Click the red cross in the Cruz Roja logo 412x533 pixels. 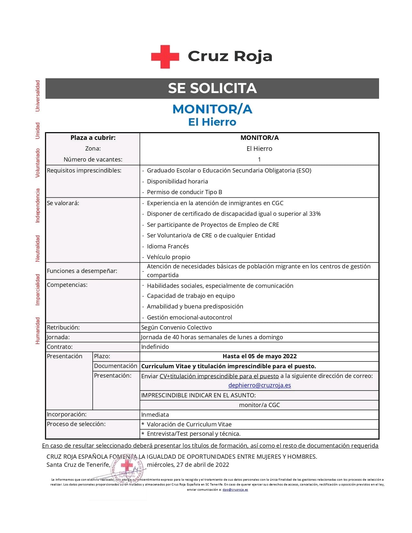[165, 57]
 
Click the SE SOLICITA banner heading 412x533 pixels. [212, 88]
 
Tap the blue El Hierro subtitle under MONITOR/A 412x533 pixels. [212, 122]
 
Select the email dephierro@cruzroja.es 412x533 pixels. [259, 385]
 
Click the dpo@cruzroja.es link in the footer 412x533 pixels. [235, 489]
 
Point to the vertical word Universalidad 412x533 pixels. [38, 96]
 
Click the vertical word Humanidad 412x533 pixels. [38, 330]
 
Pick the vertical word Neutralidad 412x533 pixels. [38, 248]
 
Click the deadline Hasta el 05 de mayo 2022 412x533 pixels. [259, 356]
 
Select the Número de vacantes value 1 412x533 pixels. [259, 159]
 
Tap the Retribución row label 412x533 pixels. [63, 327]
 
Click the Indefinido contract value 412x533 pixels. [155, 347]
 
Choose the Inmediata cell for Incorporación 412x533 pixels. [155, 414]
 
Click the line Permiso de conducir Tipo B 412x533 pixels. [185, 192]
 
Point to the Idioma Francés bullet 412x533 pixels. [168, 246]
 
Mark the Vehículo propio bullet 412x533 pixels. [168, 257]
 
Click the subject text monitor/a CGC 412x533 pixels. [259, 405]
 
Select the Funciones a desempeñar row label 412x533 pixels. [82, 271]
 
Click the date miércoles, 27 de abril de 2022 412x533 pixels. [188, 465]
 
